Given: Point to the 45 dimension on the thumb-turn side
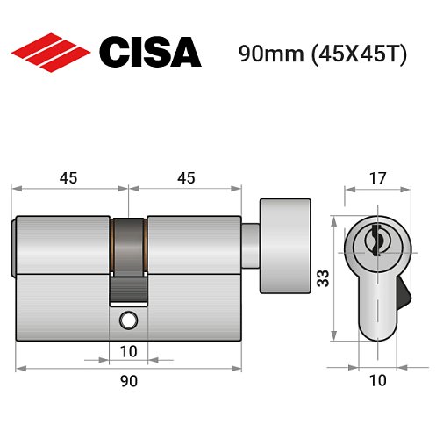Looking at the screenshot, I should (185, 177).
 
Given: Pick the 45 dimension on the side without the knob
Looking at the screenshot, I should (68, 177).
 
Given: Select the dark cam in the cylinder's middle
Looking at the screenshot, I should (129, 247).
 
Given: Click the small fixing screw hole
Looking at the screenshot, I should (129, 320).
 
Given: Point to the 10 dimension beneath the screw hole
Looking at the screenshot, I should (128, 352).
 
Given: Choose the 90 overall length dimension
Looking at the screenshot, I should (128, 381).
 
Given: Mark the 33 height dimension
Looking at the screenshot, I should (321, 279).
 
